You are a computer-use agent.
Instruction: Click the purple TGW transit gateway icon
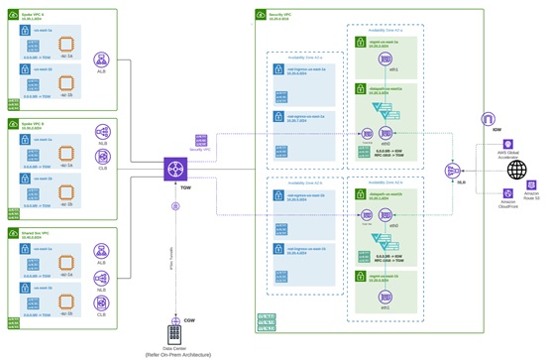[x=175, y=170]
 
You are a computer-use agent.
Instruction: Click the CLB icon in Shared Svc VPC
[x=101, y=276]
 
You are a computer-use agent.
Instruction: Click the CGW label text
[x=189, y=319]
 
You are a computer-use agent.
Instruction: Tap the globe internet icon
[x=514, y=170]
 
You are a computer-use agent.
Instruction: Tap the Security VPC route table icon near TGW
[x=199, y=140]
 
